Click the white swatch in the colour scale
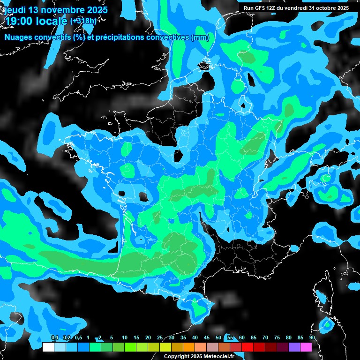pyautogui.click(x=48, y=347)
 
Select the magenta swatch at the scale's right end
pyautogui.click(x=306, y=347)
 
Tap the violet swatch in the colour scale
pyautogui.click(x=294, y=347)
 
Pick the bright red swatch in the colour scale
pyautogui.click(x=247, y=347)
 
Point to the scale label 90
pyautogui.click(x=312, y=337)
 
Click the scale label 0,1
pyautogui.click(x=54, y=337)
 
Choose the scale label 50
pyautogui.click(x=218, y=337)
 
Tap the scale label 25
pyautogui.click(x=160, y=337)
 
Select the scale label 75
pyautogui.click(x=277, y=337)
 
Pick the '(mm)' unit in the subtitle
pyautogui.click(x=200, y=37)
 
